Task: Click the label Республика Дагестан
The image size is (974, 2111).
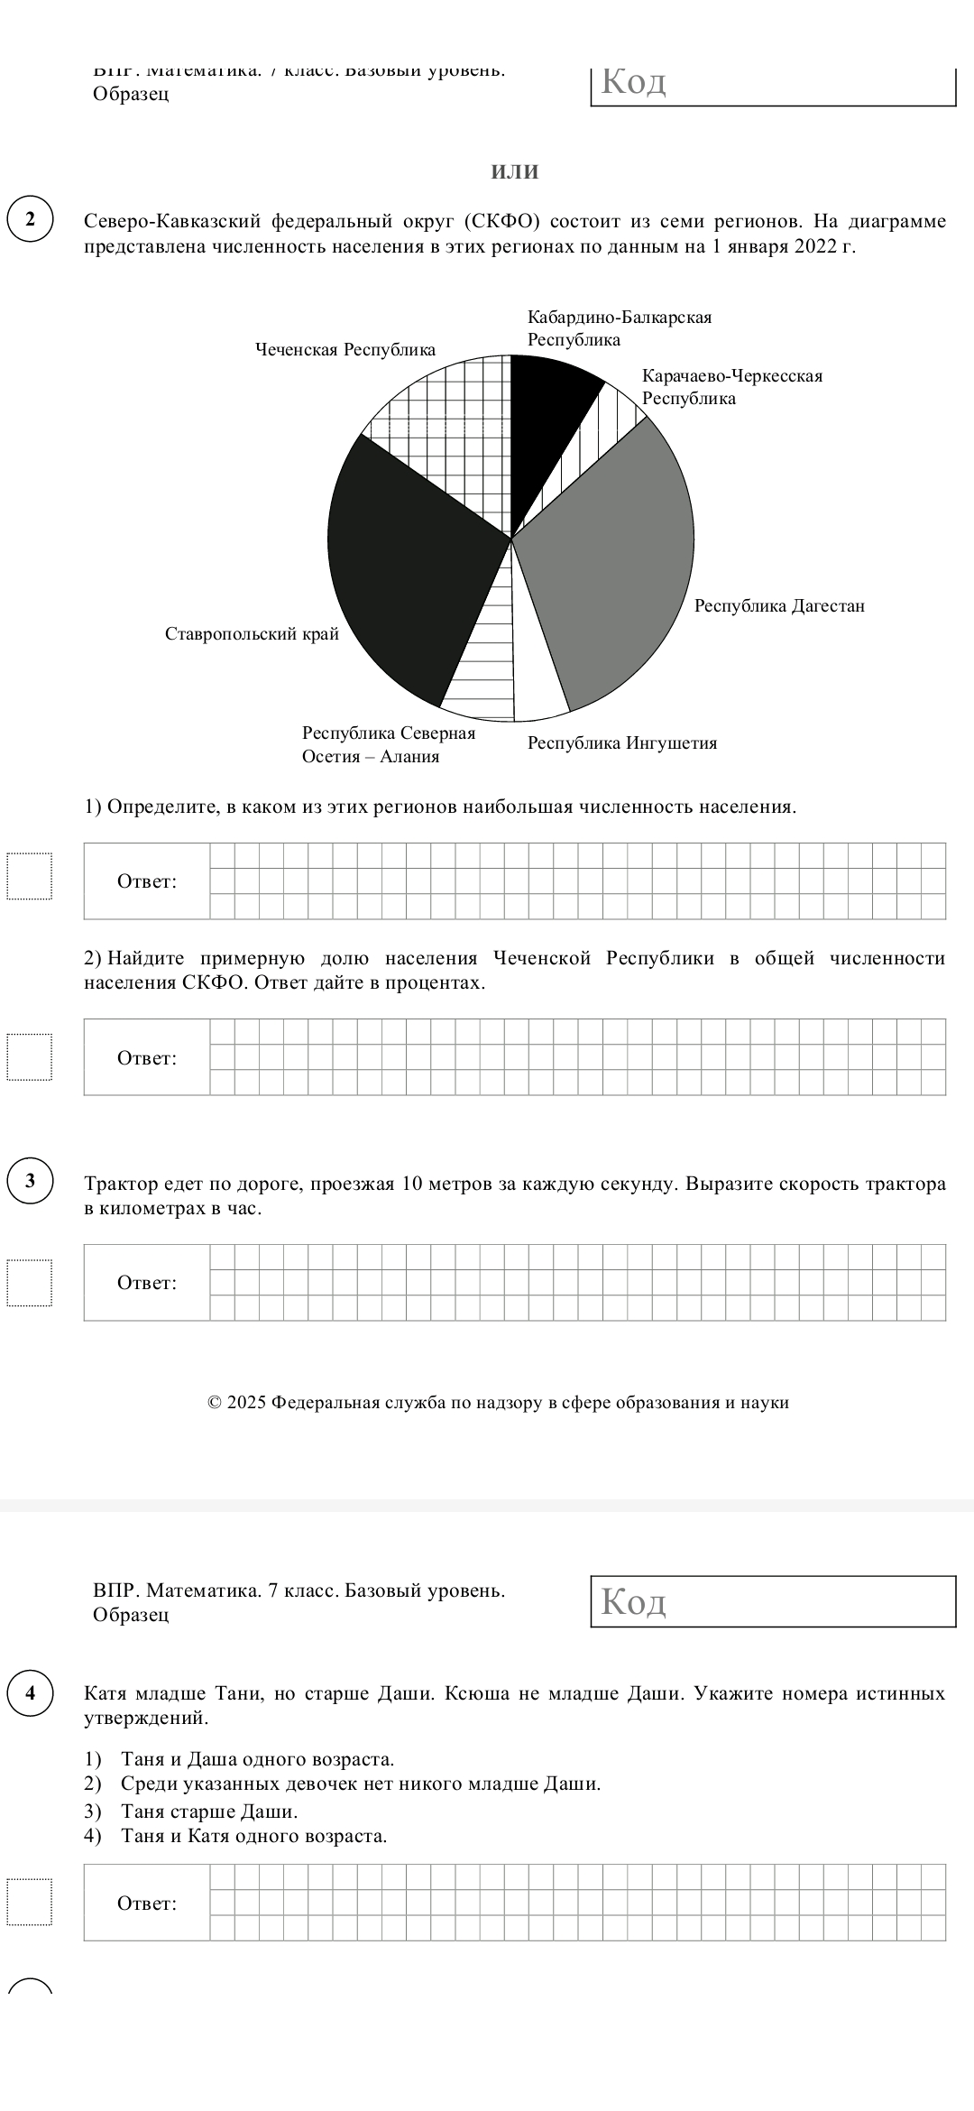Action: (x=779, y=606)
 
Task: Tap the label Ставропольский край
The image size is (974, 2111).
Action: (x=252, y=634)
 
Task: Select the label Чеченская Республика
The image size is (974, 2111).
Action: (x=345, y=350)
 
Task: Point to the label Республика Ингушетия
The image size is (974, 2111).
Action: (x=622, y=743)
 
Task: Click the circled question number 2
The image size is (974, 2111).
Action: (x=31, y=220)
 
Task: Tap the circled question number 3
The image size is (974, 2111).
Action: (x=31, y=1181)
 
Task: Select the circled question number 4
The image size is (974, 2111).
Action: (x=31, y=1692)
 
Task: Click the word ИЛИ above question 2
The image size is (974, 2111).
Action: (x=515, y=171)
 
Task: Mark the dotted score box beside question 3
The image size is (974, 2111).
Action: (x=30, y=1282)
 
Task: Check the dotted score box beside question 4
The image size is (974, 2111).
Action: (x=30, y=1903)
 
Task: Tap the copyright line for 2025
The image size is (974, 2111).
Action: (x=498, y=1403)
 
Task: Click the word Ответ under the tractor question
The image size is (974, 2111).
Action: (x=147, y=1283)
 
